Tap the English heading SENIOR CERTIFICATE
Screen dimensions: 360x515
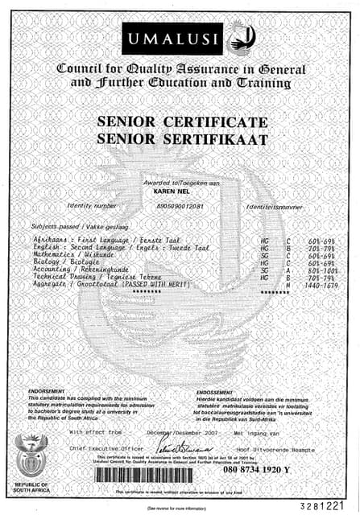[x=181, y=122]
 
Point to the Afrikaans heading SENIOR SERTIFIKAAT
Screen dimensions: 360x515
[x=181, y=138]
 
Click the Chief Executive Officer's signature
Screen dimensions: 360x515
[x=176, y=447]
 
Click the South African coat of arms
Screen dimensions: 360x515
[x=33, y=455]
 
